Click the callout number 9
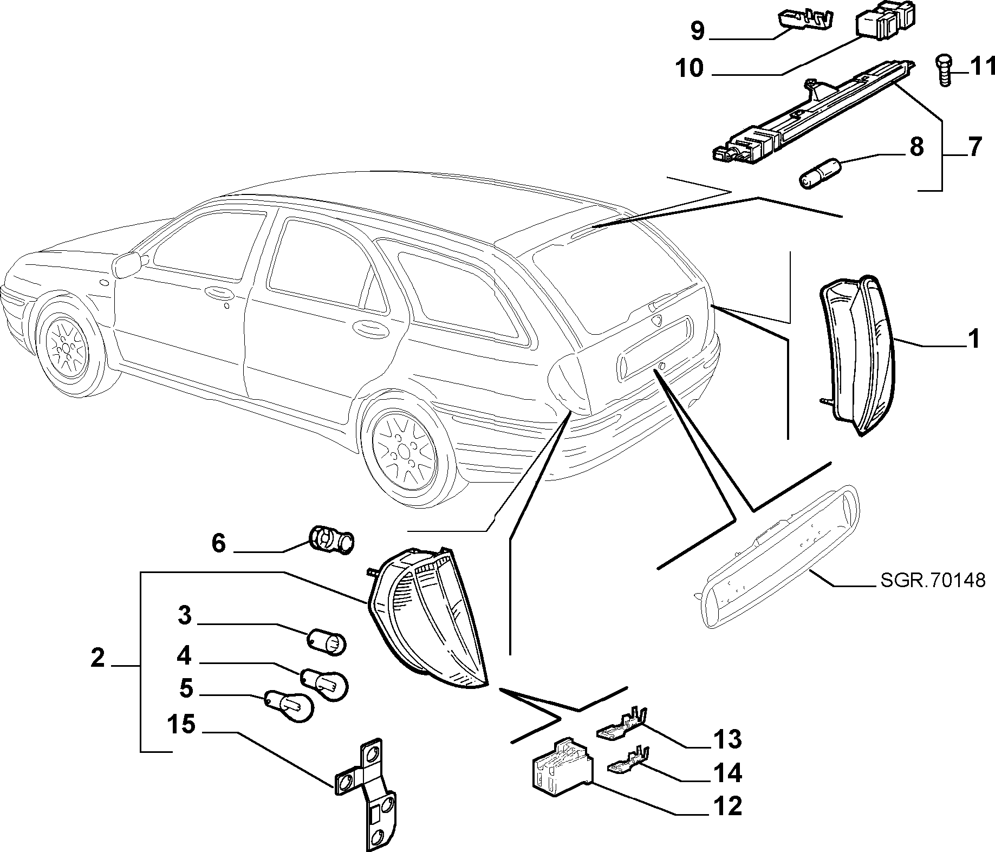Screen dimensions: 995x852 tap(697, 31)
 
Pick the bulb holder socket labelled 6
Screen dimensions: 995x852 tap(331, 540)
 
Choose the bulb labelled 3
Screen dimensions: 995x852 tap(326, 642)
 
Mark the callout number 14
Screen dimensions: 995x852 tap(727, 773)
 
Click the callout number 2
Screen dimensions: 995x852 tap(97, 659)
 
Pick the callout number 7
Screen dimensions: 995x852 tap(973, 147)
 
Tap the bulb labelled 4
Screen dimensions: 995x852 tap(323, 682)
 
